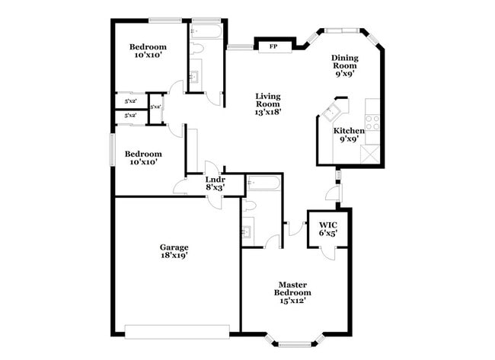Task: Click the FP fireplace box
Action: tap(272, 46)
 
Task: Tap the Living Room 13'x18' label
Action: tap(268, 104)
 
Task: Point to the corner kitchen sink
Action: tap(331, 113)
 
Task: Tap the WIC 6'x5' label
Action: tap(328, 229)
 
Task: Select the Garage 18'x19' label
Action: tap(174, 251)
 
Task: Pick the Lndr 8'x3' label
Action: tap(215, 183)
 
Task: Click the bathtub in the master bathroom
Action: tap(264, 183)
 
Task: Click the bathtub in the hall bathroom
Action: tap(206, 31)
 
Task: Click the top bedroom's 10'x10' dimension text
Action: tap(149, 56)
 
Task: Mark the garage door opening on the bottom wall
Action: tap(177, 330)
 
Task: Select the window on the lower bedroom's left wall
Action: tap(113, 148)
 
